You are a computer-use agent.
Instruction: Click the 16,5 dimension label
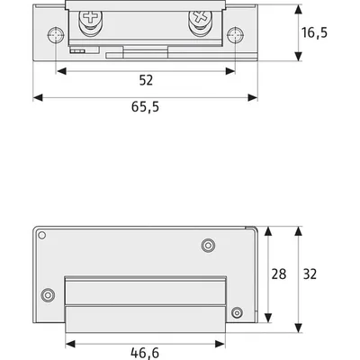click(x=314, y=32)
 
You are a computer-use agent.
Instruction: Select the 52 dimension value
click(x=146, y=80)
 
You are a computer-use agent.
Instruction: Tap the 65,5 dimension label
click(x=145, y=107)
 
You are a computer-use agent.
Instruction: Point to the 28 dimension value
click(x=279, y=274)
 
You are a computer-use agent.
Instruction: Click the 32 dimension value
click(x=310, y=274)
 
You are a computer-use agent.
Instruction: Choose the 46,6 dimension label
click(x=145, y=353)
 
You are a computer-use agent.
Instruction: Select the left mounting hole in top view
click(x=56, y=35)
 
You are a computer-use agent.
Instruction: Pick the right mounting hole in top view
click(x=235, y=35)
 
